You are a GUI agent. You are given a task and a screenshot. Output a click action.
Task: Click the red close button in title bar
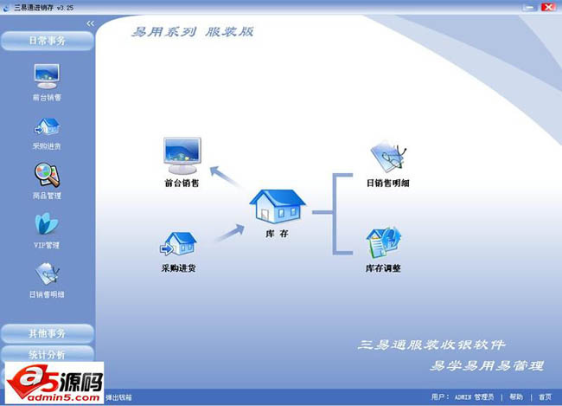548,6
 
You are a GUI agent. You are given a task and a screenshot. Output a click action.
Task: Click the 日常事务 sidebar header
47,40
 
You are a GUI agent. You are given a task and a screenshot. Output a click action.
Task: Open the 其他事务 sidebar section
47,333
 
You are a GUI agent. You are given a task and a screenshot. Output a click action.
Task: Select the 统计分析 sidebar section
47,353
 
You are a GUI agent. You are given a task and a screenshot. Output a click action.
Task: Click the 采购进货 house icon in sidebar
47,126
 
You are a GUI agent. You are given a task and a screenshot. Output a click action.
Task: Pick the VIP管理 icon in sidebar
47,224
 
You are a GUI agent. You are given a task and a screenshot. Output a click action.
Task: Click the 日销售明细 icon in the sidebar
47,274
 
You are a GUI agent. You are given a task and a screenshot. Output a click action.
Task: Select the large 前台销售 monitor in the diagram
182,154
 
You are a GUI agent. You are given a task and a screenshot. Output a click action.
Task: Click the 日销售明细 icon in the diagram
386,157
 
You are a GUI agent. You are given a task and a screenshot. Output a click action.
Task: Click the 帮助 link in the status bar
516,397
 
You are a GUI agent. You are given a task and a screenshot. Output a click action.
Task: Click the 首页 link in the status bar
545,397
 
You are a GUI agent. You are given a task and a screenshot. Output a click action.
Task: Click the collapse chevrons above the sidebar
90,23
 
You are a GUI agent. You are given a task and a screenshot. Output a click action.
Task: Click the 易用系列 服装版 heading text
192,32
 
